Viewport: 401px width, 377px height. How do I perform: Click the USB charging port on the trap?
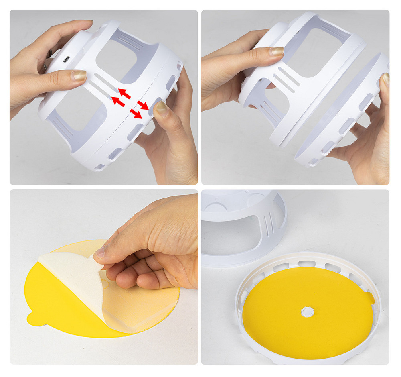[66, 60]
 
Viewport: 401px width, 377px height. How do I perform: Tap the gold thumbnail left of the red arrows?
[79, 75]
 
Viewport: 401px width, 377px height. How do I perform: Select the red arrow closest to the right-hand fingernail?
[142, 106]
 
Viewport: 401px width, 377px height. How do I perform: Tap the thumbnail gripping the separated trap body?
[276, 51]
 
